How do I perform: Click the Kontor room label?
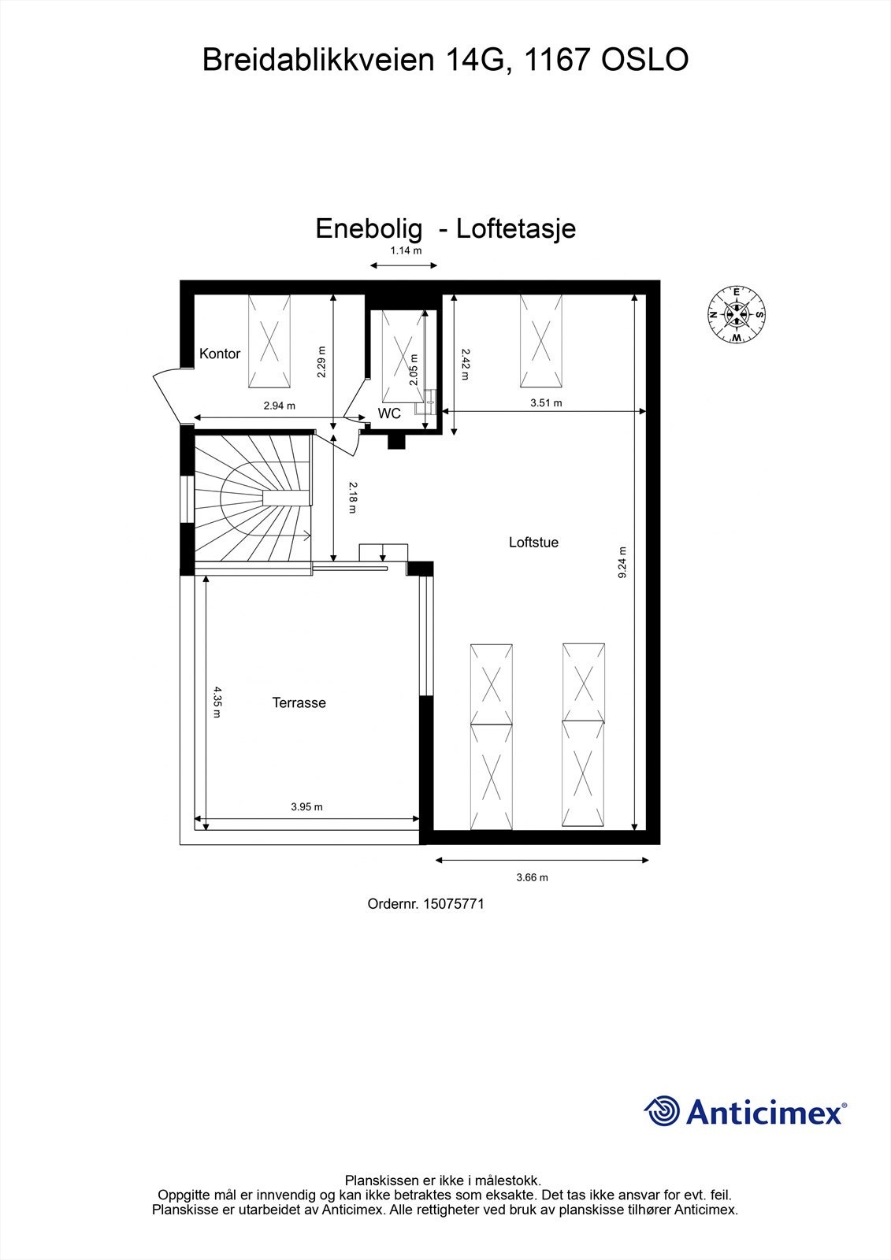220,354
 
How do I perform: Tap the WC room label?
389,413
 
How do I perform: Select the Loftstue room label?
533,542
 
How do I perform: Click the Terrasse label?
299,702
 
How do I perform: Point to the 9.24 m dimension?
622,563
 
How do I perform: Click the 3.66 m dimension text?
532,877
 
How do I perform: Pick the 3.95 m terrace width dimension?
306,806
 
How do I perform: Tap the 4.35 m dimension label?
217,702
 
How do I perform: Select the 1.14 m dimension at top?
406,251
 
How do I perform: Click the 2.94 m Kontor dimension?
279,406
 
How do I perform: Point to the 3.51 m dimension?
545,402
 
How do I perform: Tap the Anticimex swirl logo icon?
662,1111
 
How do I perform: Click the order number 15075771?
453,904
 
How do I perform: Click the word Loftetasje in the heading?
516,228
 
